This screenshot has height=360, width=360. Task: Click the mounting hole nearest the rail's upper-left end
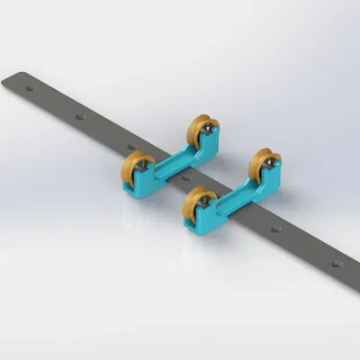pos(30,89)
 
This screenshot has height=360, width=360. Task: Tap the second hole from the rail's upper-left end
pos(81,117)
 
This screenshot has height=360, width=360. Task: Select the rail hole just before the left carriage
pos(131,145)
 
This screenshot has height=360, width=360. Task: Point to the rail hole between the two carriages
pos(186,177)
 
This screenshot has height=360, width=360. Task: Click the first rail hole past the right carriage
pos(275,229)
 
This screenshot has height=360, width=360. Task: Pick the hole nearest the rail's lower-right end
pos(335,264)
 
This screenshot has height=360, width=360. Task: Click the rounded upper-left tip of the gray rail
pos(7,79)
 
